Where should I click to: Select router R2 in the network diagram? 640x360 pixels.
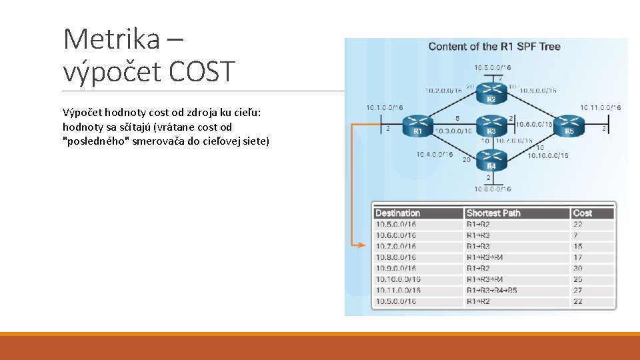tap(491, 91)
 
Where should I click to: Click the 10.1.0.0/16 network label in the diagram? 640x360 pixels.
tap(383, 107)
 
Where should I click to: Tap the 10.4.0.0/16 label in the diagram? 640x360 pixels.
tap(434, 155)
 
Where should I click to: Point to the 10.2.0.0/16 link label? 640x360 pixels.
tap(443, 91)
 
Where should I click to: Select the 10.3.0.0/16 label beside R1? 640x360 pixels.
tap(453, 131)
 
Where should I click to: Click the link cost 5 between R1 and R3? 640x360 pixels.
tap(457, 118)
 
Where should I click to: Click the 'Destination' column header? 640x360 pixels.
tap(398, 213)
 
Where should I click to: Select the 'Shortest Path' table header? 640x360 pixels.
tap(493, 213)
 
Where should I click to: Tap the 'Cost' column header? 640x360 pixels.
tap(582, 213)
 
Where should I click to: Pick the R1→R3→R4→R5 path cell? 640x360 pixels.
tap(492, 290)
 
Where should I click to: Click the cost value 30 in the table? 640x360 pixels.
tap(577, 268)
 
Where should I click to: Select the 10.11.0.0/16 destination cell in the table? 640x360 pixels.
tap(398, 290)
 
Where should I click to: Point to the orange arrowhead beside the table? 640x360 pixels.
tap(362, 245)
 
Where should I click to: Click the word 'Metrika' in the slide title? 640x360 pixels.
tap(111, 39)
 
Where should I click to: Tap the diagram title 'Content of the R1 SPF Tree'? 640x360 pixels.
tap(494, 47)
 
